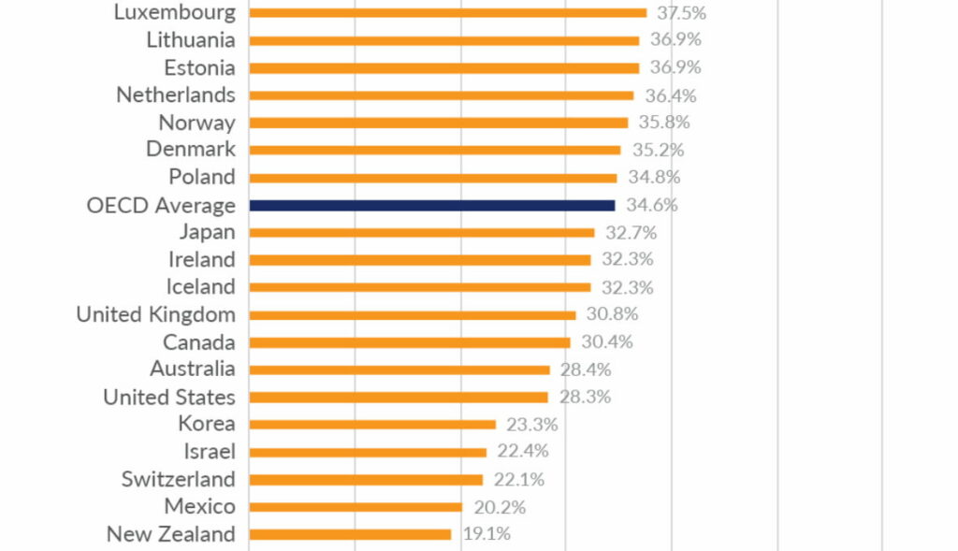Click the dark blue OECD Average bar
(432, 205)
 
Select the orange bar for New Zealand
(350, 534)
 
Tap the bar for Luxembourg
(447, 12)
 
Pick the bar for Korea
(372, 425)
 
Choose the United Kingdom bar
(413, 315)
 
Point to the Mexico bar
(356, 507)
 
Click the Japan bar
(422, 232)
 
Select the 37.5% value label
(678, 12)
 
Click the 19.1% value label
(486, 534)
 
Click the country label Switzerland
(178, 480)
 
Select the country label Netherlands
(176, 94)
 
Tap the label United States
(169, 397)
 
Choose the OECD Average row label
(161, 205)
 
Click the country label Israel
(210, 452)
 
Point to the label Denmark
(191, 150)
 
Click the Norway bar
(438, 123)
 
